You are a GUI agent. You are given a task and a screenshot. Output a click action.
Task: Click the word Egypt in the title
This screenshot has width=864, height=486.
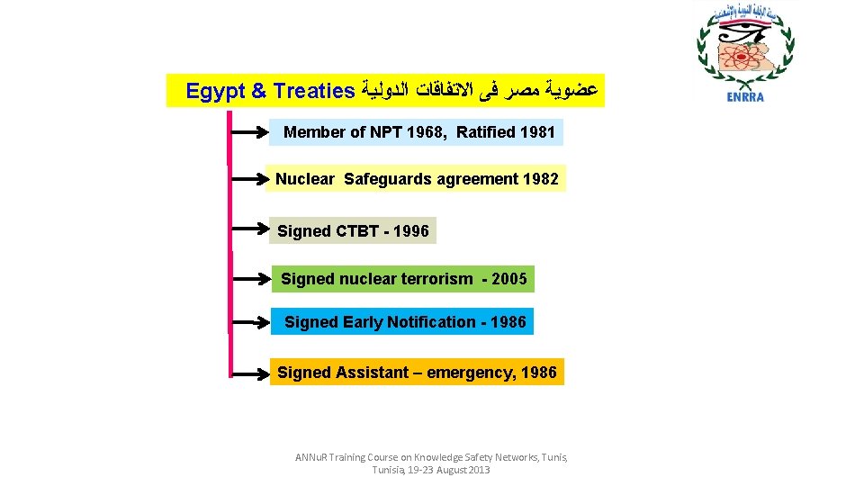[x=213, y=91]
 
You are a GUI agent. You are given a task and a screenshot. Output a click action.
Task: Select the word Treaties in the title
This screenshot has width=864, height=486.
[x=314, y=91]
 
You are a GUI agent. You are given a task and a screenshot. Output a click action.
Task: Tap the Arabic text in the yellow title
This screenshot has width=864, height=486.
[x=480, y=91]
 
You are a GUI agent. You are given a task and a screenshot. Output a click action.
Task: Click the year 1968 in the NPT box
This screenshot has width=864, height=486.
[x=425, y=132]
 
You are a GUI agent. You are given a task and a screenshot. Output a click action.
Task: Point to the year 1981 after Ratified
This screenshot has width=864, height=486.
[x=537, y=132]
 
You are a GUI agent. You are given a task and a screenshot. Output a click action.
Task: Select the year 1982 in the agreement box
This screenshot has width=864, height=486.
[x=540, y=179]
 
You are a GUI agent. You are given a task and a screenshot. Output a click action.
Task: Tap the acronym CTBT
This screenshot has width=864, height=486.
[x=356, y=231]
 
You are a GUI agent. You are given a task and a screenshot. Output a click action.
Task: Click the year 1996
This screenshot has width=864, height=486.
[x=411, y=231]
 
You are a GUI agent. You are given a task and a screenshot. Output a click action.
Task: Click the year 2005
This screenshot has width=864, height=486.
[x=509, y=279]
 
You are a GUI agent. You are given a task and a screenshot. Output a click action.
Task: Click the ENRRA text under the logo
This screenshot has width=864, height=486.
[x=744, y=97]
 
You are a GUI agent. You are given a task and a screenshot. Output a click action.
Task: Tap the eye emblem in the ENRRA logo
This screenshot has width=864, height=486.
[x=742, y=37]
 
